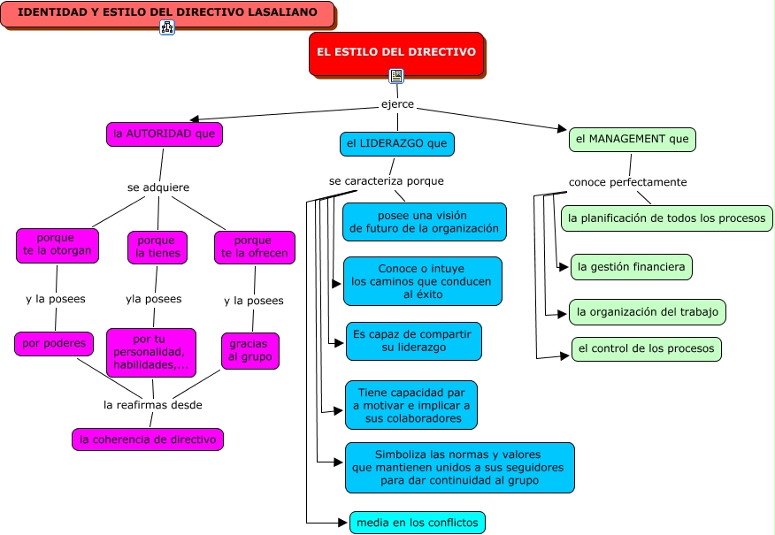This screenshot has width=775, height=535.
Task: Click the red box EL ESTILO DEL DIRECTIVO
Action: coord(396,53)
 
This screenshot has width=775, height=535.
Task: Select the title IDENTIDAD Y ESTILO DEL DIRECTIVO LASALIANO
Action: coord(167,13)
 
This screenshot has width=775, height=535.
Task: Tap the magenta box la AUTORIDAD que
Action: coord(165,134)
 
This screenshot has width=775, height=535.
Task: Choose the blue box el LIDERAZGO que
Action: coord(397,144)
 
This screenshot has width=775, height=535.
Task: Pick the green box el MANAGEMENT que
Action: coord(633,140)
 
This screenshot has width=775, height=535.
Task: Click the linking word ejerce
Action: coord(397,104)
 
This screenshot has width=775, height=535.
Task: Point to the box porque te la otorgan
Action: coord(58,245)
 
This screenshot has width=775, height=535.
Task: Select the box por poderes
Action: coord(54,343)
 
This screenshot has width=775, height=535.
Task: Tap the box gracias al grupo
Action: coord(250,351)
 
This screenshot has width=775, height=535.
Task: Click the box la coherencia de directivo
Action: coord(148,439)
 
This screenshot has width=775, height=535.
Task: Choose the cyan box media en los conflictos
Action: coord(418,523)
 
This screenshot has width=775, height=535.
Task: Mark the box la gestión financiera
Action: coord(631,267)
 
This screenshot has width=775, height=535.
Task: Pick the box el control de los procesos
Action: coord(647,348)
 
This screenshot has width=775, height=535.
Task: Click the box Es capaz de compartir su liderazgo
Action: coord(414,341)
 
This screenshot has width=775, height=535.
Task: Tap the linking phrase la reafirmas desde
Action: coord(153,405)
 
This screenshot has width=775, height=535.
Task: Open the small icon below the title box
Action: coord(167,27)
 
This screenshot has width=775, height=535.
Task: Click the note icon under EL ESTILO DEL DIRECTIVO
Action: coord(396,75)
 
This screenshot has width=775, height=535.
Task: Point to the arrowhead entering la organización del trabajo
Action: coord(562,314)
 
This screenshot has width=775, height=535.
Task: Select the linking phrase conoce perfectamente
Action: coord(628,182)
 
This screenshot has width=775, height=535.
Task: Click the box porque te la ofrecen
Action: coord(255,247)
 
